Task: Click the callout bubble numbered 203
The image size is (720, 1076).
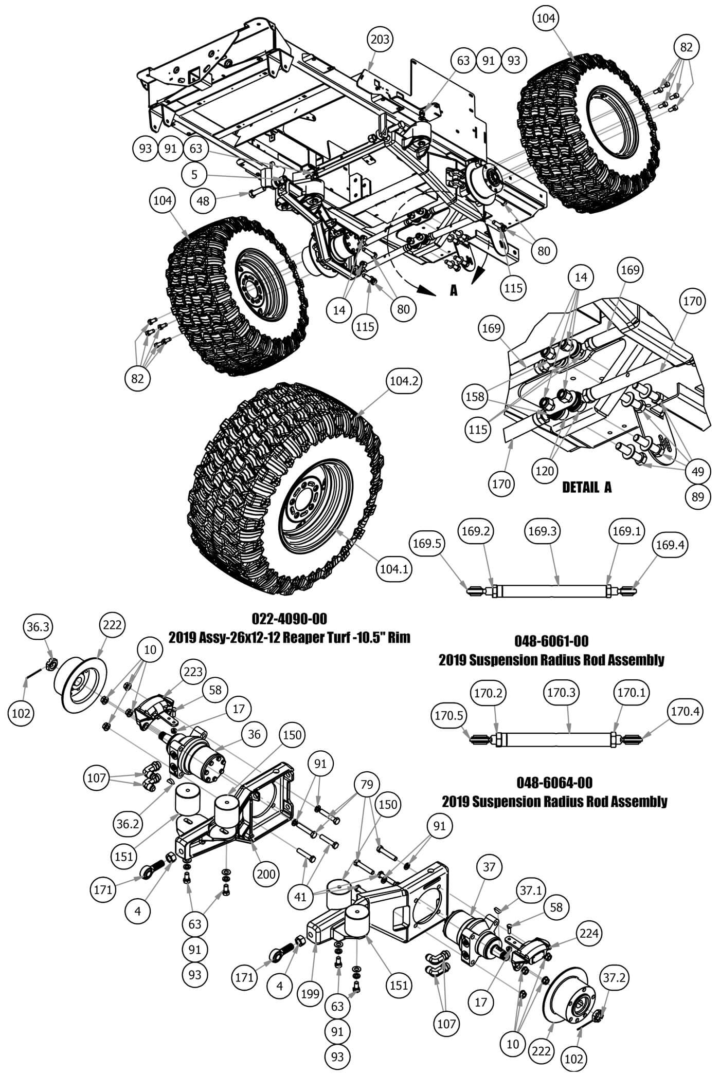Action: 381,39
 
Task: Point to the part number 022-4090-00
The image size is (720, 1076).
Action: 289,618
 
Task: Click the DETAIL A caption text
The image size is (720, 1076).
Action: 587,487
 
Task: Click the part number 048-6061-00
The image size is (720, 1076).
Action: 551,641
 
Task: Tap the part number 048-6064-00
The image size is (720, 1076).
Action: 554,783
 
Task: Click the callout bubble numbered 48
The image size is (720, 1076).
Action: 203,200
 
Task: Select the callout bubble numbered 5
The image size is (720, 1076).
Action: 194,175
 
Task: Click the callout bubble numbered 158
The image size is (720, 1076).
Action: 475,397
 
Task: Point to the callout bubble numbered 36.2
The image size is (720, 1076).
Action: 127,824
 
